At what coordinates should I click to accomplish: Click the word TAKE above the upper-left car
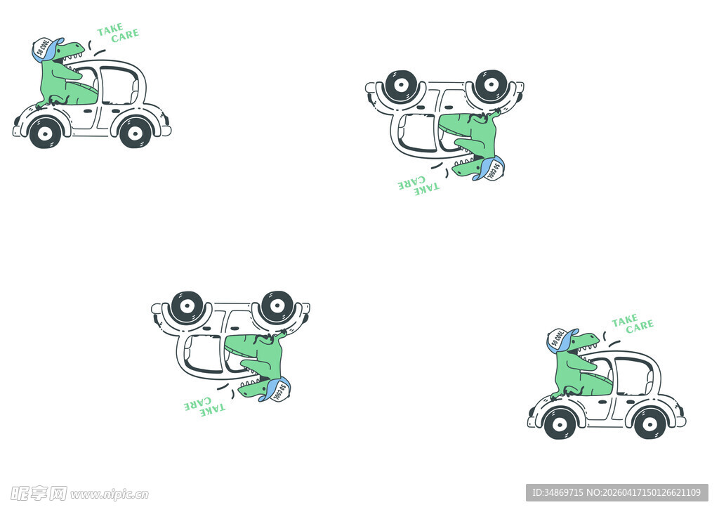[110, 29]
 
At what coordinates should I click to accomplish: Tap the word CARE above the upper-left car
[125, 35]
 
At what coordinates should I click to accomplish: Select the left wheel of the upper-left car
[45, 133]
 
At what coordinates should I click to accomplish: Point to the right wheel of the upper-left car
[135, 133]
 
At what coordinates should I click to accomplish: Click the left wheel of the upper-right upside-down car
[401, 86]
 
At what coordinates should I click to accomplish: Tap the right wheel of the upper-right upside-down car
[491, 86]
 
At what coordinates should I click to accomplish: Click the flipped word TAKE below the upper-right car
[427, 188]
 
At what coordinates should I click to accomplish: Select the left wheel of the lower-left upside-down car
[187, 306]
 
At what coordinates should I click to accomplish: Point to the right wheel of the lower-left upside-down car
[277, 306]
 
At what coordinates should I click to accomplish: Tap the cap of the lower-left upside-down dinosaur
[275, 389]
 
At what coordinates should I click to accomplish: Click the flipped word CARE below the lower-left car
[197, 404]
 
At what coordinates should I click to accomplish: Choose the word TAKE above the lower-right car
[625, 321]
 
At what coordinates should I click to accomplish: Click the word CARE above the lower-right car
[640, 326]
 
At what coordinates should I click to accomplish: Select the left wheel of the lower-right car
[560, 424]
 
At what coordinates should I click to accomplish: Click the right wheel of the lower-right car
[649, 424]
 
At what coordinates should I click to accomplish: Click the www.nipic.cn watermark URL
[110, 494]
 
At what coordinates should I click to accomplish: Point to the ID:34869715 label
[558, 493]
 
